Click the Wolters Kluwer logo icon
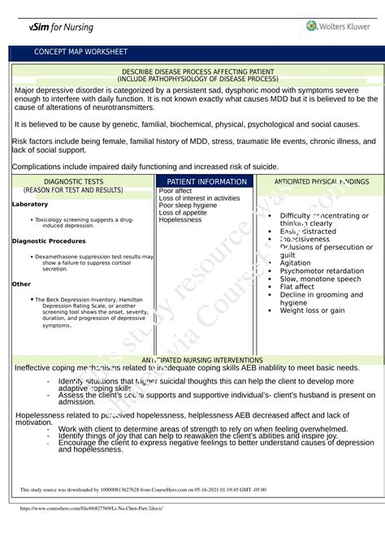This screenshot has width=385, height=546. pos(312,26)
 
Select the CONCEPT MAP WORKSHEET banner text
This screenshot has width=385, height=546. pos(80,52)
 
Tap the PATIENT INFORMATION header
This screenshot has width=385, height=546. pos(206,182)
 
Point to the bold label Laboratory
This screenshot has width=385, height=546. pos(30,204)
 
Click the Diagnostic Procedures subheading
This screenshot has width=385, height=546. pos(49,241)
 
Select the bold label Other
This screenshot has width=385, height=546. pos(21,284)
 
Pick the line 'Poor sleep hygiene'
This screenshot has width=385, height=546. pos(188,206)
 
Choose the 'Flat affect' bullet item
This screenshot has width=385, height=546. pos(297,287)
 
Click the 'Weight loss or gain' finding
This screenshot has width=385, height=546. pos(313,310)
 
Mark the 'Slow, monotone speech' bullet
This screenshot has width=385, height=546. pos(320,279)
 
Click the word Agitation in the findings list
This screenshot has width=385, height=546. pos(295,263)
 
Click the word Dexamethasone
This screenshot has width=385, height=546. pos(61,257)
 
